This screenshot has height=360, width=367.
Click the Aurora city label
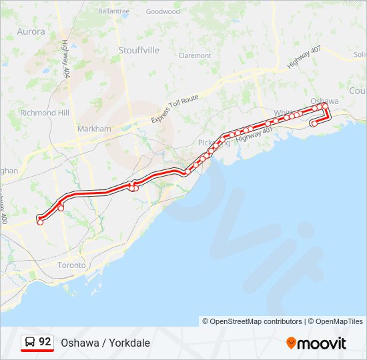click(x=31, y=31)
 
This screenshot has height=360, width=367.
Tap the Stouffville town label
click(x=139, y=50)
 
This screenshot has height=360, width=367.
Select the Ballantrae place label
click(x=113, y=11)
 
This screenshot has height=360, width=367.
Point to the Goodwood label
click(x=163, y=11)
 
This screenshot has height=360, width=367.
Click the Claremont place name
click(x=195, y=55)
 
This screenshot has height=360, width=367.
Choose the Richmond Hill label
click(x=45, y=113)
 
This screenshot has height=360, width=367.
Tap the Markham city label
click(x=94, y=128)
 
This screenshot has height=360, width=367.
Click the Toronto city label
click(x=71, y=265)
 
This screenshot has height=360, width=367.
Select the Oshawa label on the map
click(x=325, y=101)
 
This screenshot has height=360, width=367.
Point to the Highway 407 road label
click(x=304, y=56)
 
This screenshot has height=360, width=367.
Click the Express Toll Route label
click(x=175, y=109)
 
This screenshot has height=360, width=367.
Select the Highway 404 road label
click(x=65, y=57)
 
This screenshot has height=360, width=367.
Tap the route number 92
click(x=45, y=342)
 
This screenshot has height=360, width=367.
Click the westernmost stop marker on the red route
click(x=40, y=222)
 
